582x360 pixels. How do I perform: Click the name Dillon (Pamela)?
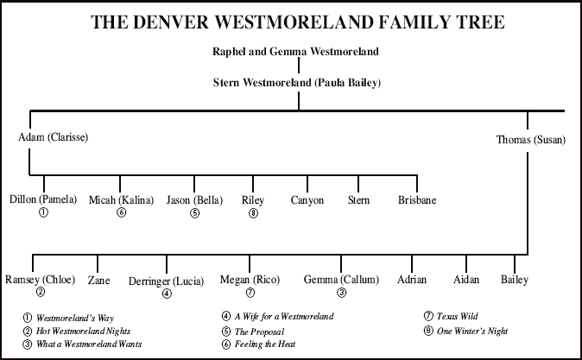point(43,199)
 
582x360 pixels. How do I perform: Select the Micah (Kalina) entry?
point(121,200)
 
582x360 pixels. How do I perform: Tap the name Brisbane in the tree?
point(417,200)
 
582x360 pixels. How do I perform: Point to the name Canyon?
point(307,200)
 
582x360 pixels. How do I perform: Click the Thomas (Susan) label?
point(531,140)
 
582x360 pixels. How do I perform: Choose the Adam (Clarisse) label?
point(53,137)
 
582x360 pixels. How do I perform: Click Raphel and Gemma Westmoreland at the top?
point(295,51)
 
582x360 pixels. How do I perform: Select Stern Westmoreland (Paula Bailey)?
point(297,82)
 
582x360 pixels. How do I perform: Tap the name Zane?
point(98,280)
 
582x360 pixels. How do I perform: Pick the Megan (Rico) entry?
point(250,280)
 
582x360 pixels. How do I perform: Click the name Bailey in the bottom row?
point(515,280)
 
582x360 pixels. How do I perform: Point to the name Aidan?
point(466,280)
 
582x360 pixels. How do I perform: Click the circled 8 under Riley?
point(253,213)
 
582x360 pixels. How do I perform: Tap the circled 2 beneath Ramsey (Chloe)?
point(41,292)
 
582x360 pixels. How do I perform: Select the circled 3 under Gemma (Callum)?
point(341,293)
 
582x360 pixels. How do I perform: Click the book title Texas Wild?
point(458,316)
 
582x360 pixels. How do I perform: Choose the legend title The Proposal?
point(259,332)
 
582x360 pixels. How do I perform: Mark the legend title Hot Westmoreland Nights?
point(83,331)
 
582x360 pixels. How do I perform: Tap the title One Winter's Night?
point(472,331)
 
